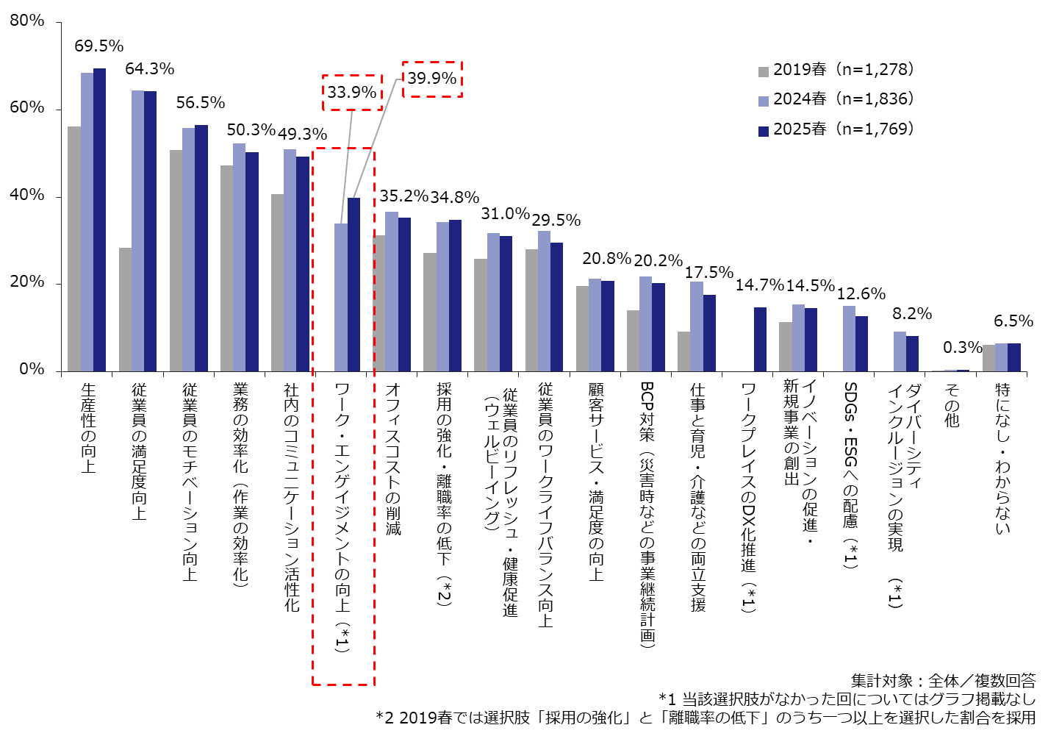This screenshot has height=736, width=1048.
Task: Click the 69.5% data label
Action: click(x=98, y=46)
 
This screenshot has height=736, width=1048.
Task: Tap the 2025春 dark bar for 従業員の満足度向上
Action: click(x=151, y=231)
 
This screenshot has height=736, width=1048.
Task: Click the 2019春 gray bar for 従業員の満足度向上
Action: click(x=125, y=309)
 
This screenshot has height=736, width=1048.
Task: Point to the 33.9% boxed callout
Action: click(x=352, y=93)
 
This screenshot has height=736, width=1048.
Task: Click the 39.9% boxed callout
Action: click(x=432, y=79)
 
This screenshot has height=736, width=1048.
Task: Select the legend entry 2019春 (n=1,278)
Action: click(x=836, y=70)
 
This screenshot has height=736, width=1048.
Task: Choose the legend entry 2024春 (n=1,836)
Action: click(x=836, y=99)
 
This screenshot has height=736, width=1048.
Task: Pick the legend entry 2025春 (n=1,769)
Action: click(x=836, y=129)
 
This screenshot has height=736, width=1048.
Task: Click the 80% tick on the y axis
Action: click(x=27, y=21)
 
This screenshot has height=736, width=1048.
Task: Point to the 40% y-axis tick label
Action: click(x=27, y=196)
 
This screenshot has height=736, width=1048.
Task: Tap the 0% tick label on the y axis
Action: click(x=31, y=370)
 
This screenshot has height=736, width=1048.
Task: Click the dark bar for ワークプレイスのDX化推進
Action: click(x=760, y=339)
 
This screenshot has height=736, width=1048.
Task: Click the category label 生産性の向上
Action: click(x=88, y=427)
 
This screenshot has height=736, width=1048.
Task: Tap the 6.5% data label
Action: click(x=1013, y=321)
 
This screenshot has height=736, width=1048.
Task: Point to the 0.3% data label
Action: click(x=963, y=347)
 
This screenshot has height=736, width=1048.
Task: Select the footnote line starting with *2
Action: click(x=705, y=718)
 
